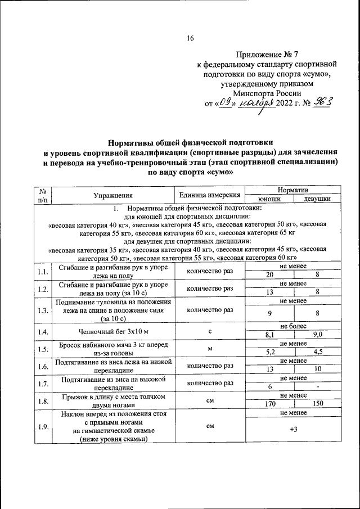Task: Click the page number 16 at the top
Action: pos(190,39)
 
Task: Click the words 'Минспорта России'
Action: pos(267,93)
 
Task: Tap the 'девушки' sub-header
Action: pos(317,199)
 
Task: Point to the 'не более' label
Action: pos(293,326)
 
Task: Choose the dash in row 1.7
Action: pos(317,388)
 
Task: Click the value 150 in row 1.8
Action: pos(317,404)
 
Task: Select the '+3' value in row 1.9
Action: pos(293,430)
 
